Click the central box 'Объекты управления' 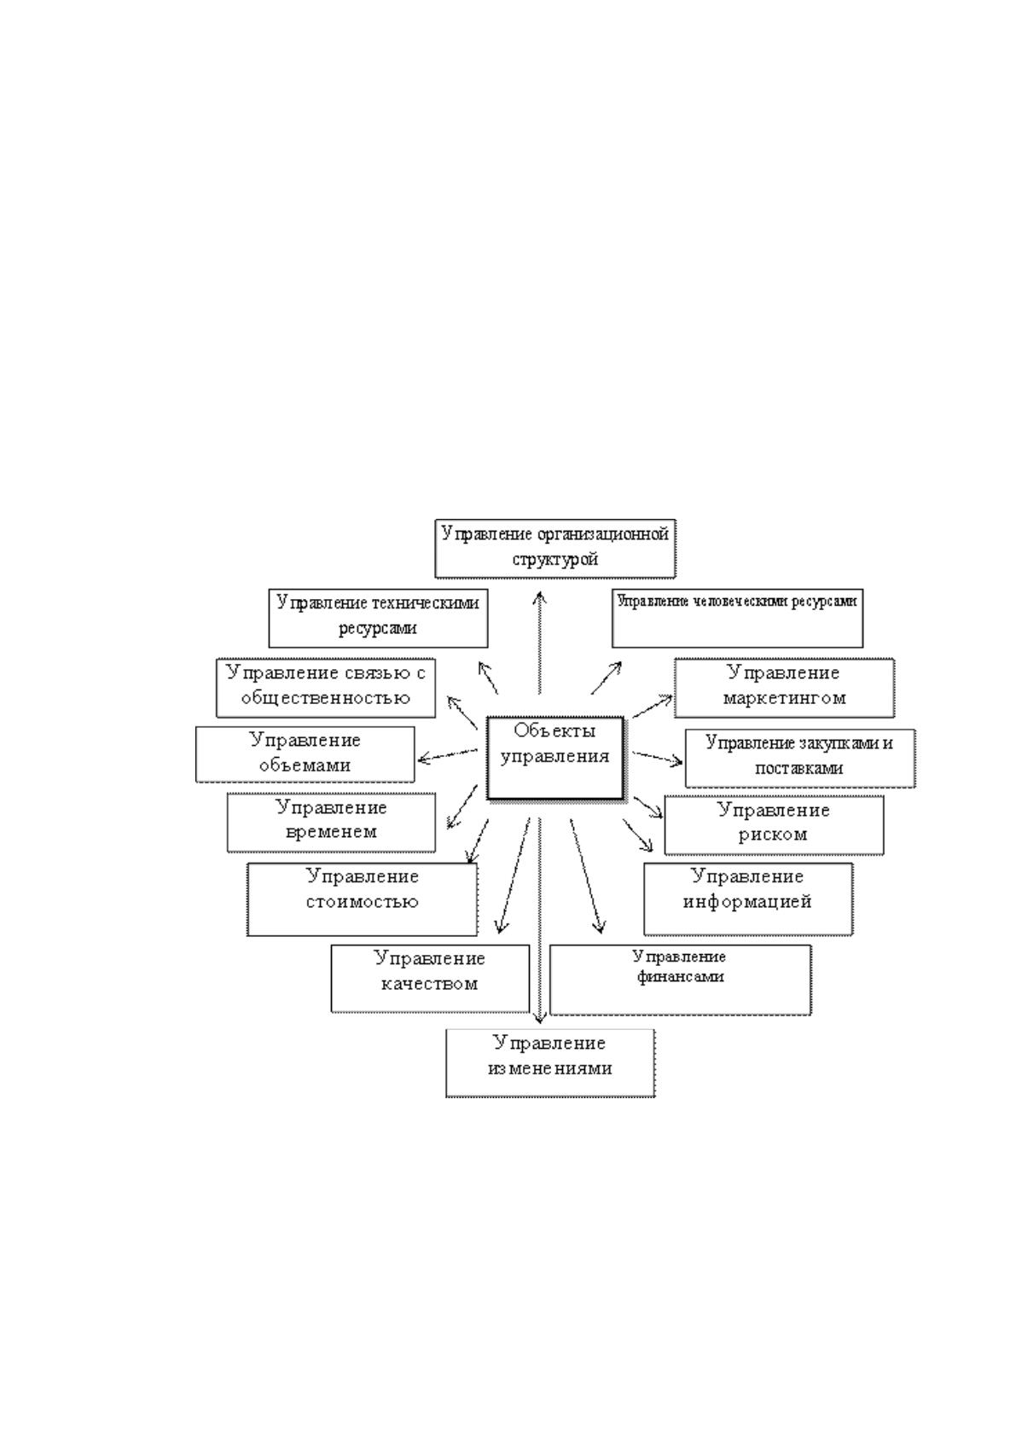click(x=555, y=758)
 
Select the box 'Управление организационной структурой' click(x=555, y=549)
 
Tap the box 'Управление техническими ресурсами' click(x=378, y=618)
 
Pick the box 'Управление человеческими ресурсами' click(x=738, y=618)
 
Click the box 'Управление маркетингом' click(x=785, y=688)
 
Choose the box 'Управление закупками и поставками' click(x=800, y=758)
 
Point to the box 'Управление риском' click(x=775, y=825)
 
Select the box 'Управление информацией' click(x=748, y=899)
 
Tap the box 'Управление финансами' click(x=681, y=980)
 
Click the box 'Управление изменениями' click(x=550, y=1063)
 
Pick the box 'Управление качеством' click(x=431, y=978)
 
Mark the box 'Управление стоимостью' click(x=363, y=899)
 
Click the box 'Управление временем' click(x=332, y=823)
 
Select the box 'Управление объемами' click(x=305, y=753)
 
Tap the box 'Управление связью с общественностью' click(x=326, y=688)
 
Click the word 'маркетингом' click(x=785, y=698)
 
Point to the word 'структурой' click(x=555, y=560)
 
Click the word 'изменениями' click(x=550, y=1068)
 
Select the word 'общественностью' click(x=326, y=699)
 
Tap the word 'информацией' click(x=747, y=902)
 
